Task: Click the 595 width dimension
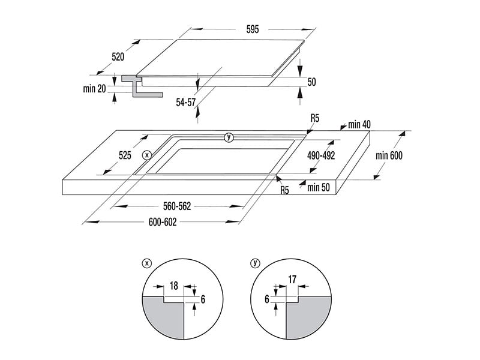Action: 253,29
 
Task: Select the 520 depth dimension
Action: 118,57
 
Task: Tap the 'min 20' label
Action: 94,89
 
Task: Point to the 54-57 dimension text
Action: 186,102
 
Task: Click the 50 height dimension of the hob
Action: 311,82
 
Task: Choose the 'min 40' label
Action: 359,124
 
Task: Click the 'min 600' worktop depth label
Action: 389,155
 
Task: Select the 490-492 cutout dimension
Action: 321,155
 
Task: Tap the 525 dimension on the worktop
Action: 125,155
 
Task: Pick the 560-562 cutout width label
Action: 177,206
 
